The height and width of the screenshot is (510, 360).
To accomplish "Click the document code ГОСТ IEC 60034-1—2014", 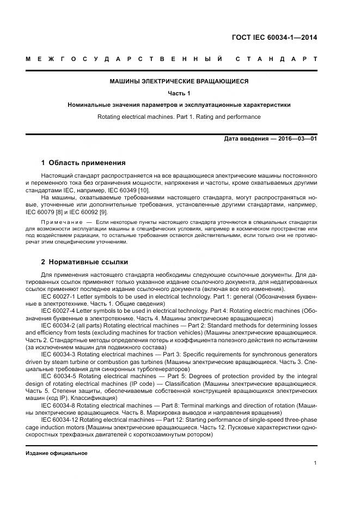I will [274, 38].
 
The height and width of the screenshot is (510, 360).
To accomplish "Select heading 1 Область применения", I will [83, 162].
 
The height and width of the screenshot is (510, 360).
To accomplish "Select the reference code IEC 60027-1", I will [60, 296].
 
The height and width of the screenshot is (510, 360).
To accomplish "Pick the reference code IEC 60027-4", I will [60, 310].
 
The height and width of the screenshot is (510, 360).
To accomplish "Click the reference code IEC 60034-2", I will [60, 325].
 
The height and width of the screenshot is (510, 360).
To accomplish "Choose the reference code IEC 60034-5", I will [60, 376].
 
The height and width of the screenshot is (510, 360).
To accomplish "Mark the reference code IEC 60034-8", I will [60, 405].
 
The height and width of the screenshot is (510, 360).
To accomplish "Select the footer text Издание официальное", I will [57, 453].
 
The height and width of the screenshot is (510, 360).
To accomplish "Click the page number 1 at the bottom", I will [315, 463].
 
